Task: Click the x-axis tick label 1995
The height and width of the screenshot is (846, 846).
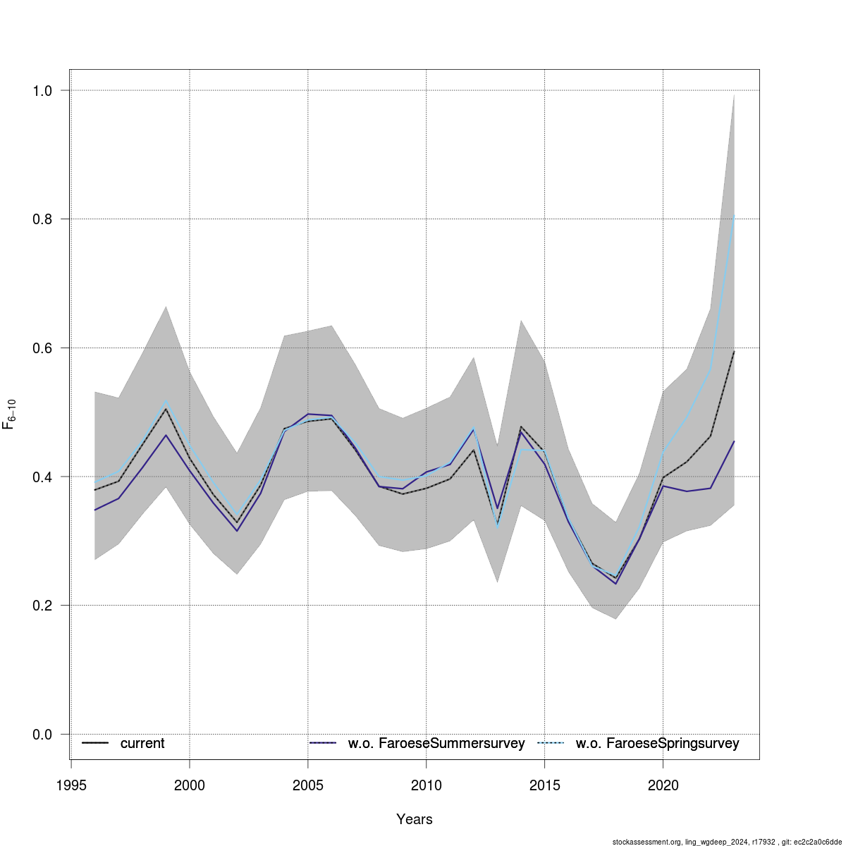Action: (71, 785)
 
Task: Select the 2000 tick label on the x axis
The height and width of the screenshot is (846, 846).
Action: (190, 785)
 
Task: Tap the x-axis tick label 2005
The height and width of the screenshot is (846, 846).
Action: (308, 785)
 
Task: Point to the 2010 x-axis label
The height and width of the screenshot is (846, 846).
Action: (427, 785)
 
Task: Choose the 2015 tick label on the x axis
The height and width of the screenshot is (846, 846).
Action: (545, 785)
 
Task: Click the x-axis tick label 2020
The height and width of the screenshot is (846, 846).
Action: (663, 785)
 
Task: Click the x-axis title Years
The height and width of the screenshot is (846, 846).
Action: (415, 819)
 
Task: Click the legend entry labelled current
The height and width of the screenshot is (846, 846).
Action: (142, 744)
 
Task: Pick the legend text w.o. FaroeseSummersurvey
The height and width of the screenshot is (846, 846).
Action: (436, 744)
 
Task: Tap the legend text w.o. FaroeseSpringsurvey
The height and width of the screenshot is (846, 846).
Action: (657, 744)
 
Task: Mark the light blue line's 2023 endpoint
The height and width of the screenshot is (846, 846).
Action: (734, 216)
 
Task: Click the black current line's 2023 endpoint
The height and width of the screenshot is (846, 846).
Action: (734, 351)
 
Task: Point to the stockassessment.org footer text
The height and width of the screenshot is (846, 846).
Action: (727, 842)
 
